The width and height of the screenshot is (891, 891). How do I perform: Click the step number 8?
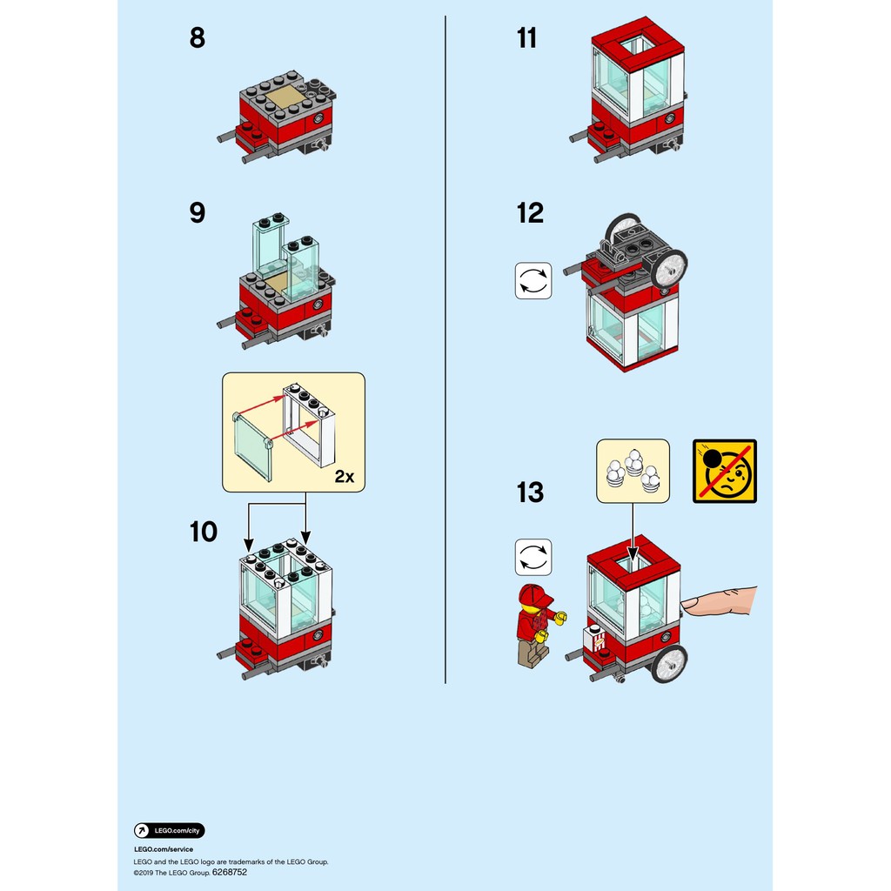coord(198,38)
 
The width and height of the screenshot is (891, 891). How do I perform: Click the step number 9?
coord(198,212)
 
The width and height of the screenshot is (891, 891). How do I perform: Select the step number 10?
coord(204,531)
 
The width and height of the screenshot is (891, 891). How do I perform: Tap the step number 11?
coord(526,38)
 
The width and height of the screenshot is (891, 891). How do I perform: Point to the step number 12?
coord(530,212)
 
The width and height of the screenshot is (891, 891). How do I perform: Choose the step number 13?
coord(530,492)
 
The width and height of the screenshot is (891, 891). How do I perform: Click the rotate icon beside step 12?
coord(533,281)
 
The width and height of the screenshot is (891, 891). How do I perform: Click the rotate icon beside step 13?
coord(533,557)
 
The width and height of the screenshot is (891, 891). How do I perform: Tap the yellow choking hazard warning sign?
coord(725,471)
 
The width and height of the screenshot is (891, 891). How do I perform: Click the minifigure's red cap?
coord(535,596)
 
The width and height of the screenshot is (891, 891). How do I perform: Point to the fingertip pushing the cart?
coord(690,602)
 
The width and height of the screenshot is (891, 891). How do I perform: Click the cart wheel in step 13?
coord(668,663)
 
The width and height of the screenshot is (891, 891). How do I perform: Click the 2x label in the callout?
coord(345,476)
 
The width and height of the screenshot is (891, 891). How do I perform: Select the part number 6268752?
coord(230,871)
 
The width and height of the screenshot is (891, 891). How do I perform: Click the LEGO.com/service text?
coord(164,849)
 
